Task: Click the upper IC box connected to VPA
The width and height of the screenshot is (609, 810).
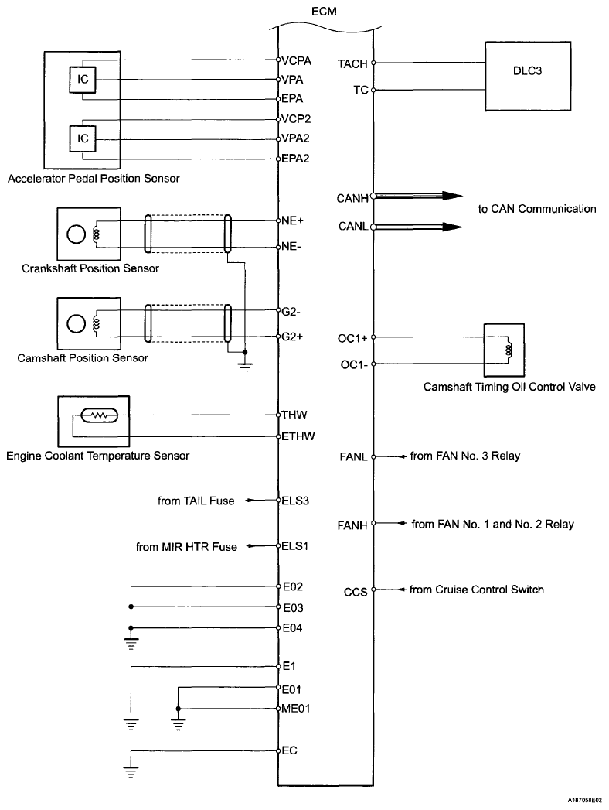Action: (83, 79)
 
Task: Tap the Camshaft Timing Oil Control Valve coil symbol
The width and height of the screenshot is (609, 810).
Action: (509, 350)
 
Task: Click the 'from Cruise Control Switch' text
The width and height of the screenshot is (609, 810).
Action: (477, 590)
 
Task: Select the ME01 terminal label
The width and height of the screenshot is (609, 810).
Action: (298, 707)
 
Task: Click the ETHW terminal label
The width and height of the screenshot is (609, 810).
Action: (298, 436)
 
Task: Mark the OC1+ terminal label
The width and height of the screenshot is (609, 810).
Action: (353, 338)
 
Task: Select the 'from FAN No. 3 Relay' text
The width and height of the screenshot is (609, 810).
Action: (465, 456)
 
